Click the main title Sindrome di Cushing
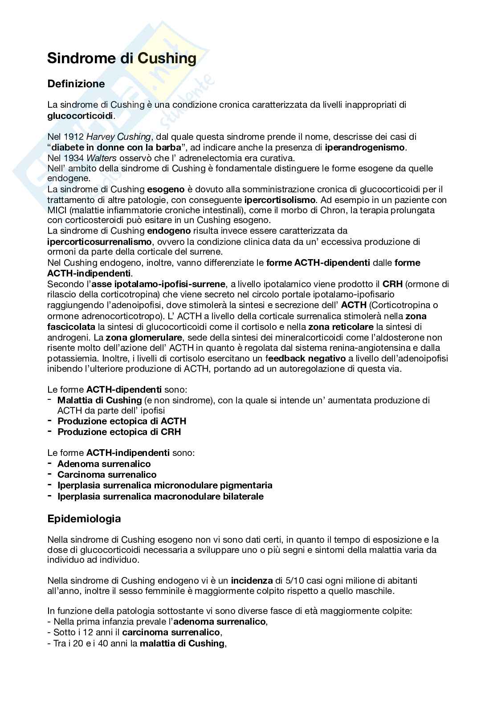[122, 58]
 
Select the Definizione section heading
[76, 84]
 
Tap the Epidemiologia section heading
[84, 519]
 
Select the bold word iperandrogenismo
[365, 147]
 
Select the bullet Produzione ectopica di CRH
[119, 432]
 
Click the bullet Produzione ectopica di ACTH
[122, 421]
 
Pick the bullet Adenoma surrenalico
[104, 464]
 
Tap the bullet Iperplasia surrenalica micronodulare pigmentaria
[165, 485]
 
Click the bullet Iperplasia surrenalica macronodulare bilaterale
[160, 496]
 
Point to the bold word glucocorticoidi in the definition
[81, 116]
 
